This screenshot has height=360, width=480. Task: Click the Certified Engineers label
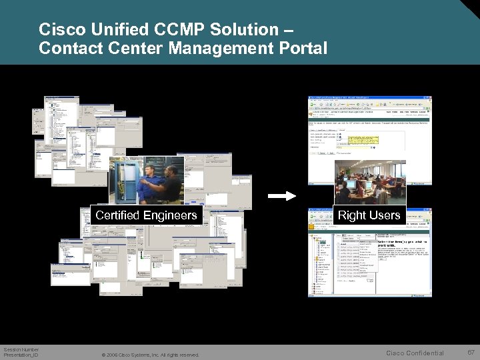[x=146, y=215]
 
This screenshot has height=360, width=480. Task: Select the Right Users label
[x=369, y=215]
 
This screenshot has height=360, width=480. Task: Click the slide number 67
[x=471, y=352]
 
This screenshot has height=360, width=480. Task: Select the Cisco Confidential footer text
[x=415, y=353]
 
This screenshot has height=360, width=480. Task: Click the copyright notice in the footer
[x=149, y=355]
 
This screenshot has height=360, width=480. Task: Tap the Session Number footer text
[x=21, y=349]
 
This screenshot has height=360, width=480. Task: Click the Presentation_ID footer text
[x=21, y=355]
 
